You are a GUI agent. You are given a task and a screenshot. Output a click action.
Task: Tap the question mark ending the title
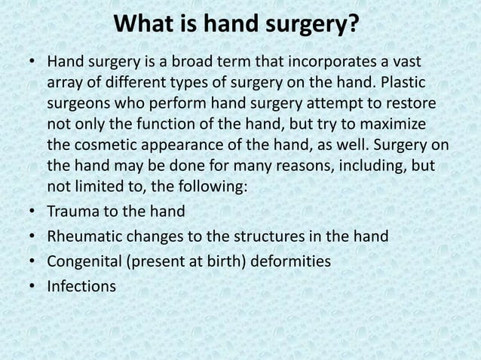pyautogui.click(x=353, y=26)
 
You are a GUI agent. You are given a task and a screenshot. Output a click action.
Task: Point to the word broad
pyautogui.click(x=178, y=60)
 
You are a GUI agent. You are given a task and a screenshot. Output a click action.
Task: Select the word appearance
pyautogui.click(x=189, y=142)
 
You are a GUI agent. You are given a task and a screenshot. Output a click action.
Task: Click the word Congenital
pyautogui.click(x=84, y=261)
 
